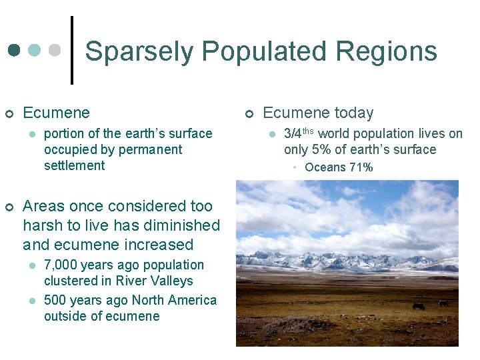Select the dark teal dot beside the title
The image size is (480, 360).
15,51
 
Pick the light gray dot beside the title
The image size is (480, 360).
55,51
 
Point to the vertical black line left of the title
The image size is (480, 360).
72,51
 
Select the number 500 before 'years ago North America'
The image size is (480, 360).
56,300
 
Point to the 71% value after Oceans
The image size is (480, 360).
360,167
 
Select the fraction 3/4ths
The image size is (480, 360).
299,134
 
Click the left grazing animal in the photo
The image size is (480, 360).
418,306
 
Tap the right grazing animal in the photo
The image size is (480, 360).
443,303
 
